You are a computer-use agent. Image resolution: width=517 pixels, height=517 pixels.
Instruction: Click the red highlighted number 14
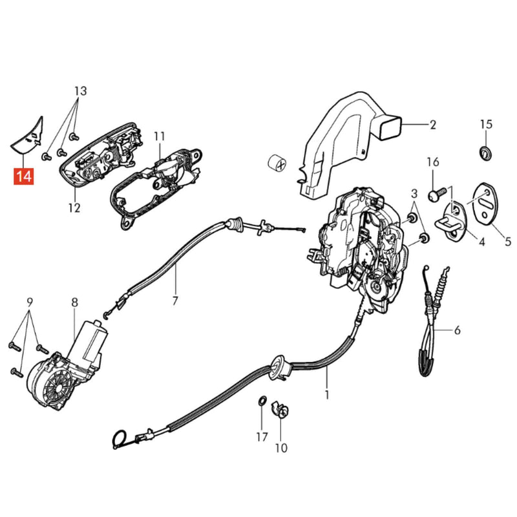[x=24, y=176]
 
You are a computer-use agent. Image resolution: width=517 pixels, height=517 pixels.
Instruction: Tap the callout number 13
[x=80, y=90]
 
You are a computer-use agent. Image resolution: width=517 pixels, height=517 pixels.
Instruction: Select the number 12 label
[x=74, y=208]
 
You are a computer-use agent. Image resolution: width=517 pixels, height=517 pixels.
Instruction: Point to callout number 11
[x=159, y=136]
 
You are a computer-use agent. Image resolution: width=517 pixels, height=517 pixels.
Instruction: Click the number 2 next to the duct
[x=432, y=125]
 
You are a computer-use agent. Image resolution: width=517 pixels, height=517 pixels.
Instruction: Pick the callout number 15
[x=486, y=124]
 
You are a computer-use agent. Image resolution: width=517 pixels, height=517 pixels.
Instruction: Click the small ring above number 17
[x=262, y=401]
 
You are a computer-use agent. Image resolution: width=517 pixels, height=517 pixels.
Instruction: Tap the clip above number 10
[x=280, y=410]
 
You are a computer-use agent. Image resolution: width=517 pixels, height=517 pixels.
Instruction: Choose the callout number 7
[x=174, y=301]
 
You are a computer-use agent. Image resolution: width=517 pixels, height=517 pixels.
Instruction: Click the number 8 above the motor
[x=75, y=302]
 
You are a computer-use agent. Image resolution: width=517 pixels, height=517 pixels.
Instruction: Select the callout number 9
[x=30, y=302]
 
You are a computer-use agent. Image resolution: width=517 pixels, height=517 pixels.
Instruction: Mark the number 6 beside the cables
[x=457, y=330]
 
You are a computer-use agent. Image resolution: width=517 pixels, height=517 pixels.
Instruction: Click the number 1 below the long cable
[x=327, y=394]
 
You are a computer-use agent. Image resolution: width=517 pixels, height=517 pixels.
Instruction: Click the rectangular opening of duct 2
[x=390, y=126]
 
